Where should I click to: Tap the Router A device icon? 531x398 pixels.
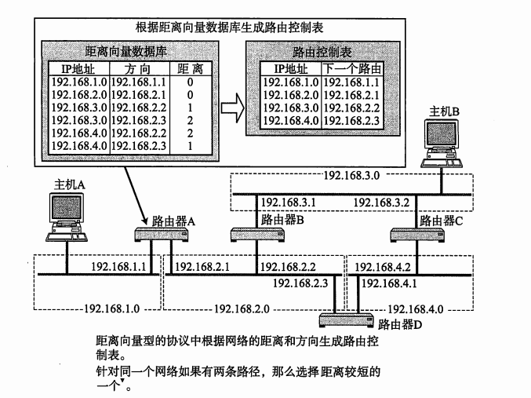(x=158, y=233)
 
